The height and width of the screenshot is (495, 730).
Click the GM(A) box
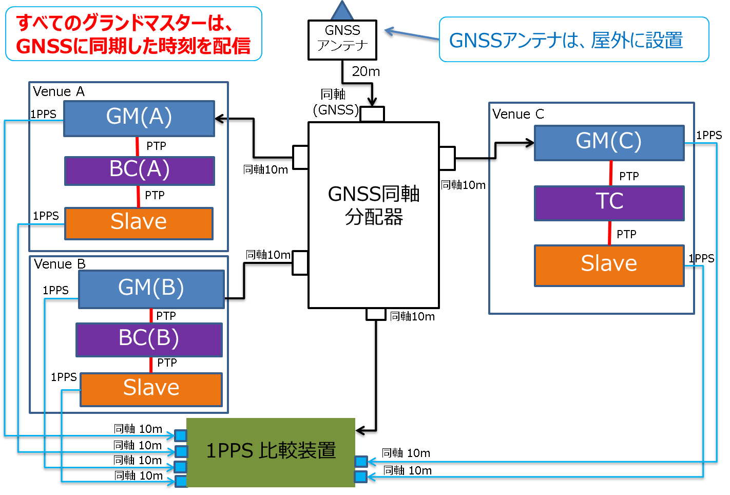139,118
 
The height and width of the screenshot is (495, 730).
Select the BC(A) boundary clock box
139,170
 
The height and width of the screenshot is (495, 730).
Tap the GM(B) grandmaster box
151,289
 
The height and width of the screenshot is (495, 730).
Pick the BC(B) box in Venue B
149,339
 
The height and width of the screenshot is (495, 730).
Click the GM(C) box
609,142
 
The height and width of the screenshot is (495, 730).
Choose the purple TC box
609,202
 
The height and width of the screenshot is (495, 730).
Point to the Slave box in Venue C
609,265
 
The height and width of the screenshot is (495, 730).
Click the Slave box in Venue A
139,223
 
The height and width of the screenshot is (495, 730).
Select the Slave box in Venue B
151,389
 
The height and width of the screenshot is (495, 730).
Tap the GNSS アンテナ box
342,40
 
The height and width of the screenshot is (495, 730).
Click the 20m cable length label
366,72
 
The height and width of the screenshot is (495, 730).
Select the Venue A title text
59,92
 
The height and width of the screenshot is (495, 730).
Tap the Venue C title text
518,115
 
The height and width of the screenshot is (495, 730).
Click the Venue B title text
60,264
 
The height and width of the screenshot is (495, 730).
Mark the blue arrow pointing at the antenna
411,35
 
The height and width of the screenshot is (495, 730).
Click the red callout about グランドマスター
133,34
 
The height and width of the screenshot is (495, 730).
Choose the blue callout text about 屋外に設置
566,41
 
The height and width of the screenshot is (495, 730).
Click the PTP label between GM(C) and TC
629,177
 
